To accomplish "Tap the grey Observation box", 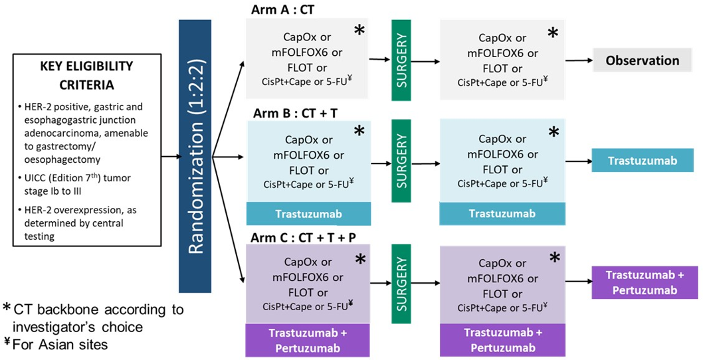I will point(641,60).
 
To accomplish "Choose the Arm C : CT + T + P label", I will point(300,236).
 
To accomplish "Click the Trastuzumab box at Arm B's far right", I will point(642,160).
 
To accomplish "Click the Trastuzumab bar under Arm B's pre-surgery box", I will point(308,213).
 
